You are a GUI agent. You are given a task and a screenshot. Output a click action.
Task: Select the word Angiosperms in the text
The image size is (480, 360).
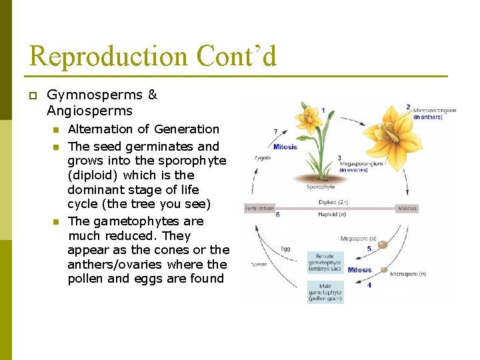click(x=89, y=111)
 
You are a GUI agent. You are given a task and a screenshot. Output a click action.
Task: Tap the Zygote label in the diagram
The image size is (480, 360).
click(x=262, y=158)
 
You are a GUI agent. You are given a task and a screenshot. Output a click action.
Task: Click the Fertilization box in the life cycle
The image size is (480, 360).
click(x=260, y=208)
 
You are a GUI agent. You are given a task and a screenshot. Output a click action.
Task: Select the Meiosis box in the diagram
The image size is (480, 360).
click(x=407, y=208)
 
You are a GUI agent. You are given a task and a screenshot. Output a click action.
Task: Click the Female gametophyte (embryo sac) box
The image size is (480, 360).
click(x=325, y=262)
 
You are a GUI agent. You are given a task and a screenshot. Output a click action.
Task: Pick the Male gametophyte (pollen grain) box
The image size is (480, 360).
click(x=325, y=292)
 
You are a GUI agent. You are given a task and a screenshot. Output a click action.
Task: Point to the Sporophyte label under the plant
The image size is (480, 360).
click(x=321, y=187)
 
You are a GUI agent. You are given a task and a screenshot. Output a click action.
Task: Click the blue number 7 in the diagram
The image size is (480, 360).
click(x=276, y=132)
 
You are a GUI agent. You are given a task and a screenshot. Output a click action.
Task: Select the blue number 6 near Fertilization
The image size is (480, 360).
click(x=277, y=215)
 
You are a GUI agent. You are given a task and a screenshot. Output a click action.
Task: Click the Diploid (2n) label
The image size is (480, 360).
click(x=333, y=202)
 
